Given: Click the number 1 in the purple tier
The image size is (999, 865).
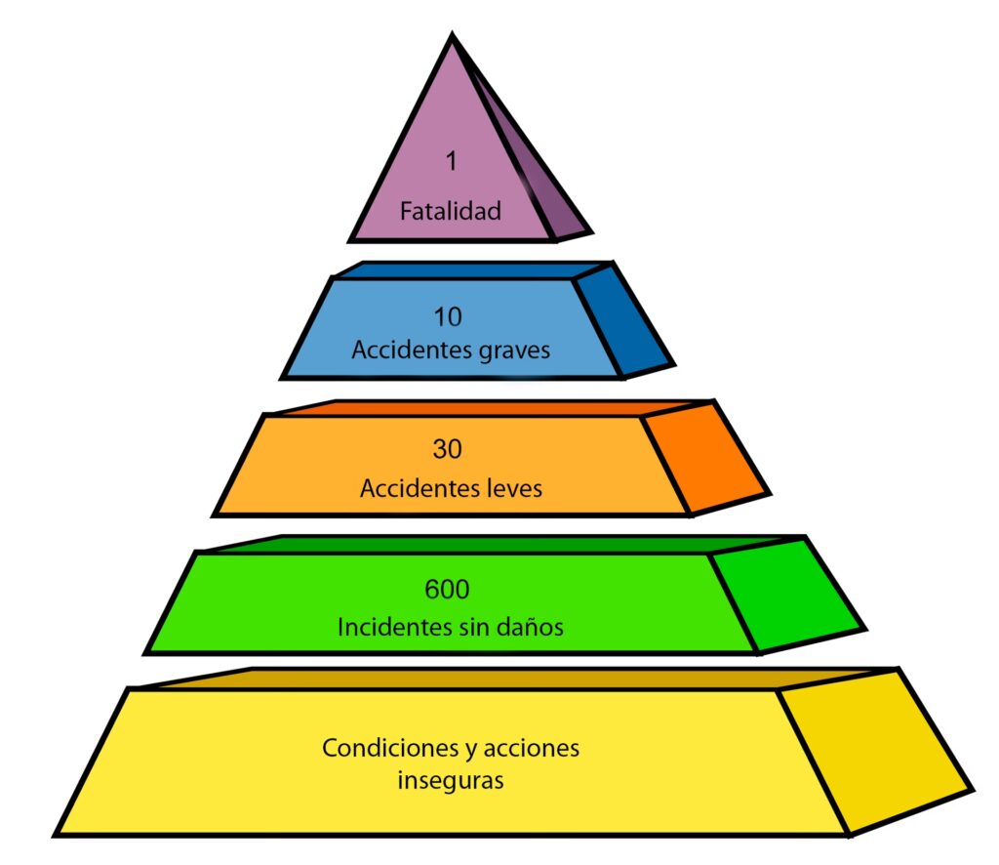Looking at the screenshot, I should point(451,162).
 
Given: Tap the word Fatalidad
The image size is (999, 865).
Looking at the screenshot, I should point(451,210).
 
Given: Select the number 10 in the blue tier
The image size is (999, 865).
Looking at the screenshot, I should point(450,316).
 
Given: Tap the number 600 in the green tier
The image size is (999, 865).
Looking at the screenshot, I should point(449,590).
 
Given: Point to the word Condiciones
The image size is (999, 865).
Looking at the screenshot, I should point(376,749).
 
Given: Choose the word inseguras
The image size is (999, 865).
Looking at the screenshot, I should point(451,781).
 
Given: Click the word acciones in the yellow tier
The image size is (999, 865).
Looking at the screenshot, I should point(534,749).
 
